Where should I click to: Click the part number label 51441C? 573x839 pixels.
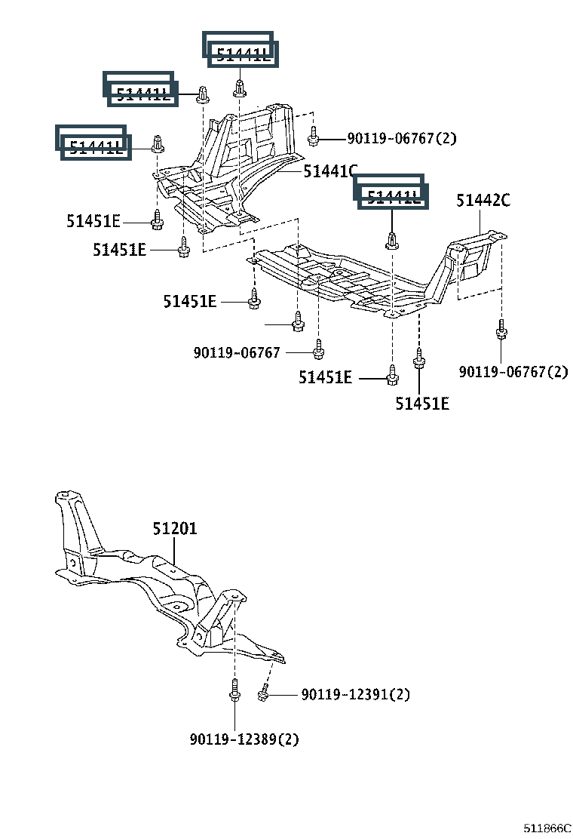click(330, 172)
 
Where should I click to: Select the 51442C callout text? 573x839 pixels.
click(483, 201)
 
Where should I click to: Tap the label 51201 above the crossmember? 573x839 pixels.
click(175, 529)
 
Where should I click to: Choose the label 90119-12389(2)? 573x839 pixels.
click(244, 739)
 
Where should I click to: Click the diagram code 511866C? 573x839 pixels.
click(549, 828)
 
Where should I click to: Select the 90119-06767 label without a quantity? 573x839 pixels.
click(237, 352)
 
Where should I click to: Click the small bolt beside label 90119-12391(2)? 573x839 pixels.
click(263, 693)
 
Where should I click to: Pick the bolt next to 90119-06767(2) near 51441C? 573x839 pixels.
click(314, 137)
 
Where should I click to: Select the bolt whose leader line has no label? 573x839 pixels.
click(298, 322)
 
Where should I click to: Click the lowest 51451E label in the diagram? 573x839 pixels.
click(422, 404)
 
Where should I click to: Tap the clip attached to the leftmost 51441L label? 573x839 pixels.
click(158, 143)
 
